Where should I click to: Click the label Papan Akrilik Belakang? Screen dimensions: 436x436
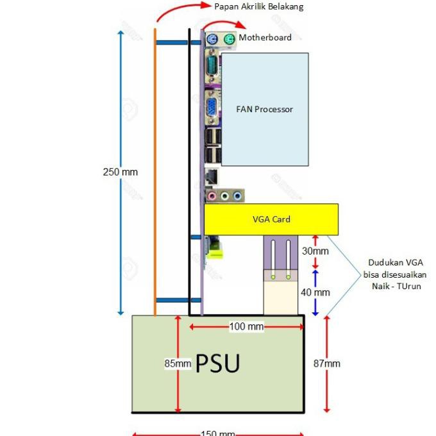259,6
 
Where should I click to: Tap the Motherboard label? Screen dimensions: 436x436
265,38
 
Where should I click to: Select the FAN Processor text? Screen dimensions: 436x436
265,110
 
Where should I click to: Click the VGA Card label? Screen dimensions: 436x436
271,219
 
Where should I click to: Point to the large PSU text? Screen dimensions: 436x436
217,364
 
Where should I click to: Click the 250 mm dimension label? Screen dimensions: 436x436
120,172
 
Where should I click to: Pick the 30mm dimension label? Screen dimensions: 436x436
315,251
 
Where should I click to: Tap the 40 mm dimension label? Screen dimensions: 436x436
315,292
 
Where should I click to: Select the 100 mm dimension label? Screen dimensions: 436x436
247,327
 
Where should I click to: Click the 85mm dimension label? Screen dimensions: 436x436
178,364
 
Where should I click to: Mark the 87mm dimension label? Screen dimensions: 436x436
327,364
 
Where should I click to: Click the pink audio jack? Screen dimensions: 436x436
214,196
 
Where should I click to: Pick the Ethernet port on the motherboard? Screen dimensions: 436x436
212,175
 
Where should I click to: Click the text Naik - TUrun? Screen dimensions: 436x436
396,286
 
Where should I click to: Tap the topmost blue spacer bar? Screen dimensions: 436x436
172,42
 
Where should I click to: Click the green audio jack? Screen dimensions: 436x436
225,196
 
